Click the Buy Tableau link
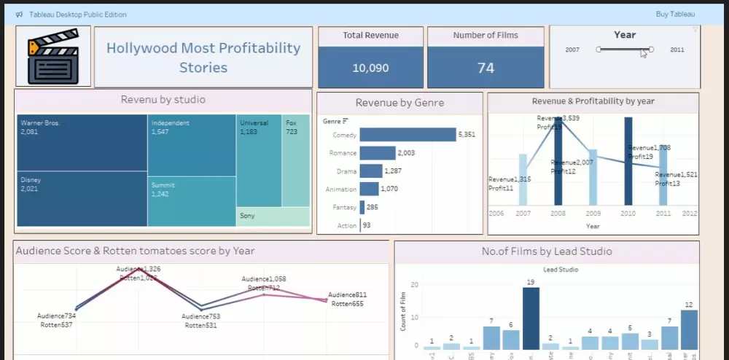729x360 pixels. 675,15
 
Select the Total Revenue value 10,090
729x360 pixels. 370,68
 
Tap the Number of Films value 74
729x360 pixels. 486,68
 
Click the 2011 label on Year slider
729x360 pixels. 677,50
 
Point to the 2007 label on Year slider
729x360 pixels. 572,50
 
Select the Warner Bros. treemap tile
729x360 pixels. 81,143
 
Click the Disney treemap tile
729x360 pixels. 81,198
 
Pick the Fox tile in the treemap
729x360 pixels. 296,160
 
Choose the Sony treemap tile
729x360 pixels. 273,216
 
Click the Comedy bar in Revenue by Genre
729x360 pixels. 407,135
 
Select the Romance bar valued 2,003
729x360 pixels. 377,153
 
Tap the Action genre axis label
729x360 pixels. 347,226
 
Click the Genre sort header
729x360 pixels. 335,121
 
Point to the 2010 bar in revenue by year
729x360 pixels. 628,160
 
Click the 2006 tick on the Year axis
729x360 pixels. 496,214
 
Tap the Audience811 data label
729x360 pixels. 347,295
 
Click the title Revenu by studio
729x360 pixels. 163,100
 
